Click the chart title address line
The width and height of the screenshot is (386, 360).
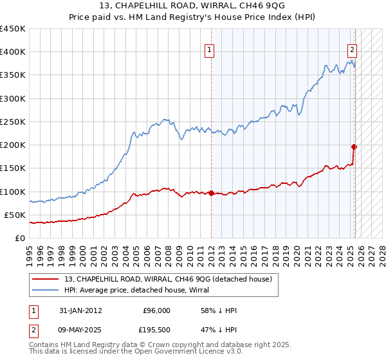click(192, 7)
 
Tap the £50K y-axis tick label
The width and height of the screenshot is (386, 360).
click(15, 215)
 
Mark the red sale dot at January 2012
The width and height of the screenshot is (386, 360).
click(211, 193)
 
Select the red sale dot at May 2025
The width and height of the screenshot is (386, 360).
click(354, 147)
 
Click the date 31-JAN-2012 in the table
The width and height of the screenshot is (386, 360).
click(80, 310)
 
